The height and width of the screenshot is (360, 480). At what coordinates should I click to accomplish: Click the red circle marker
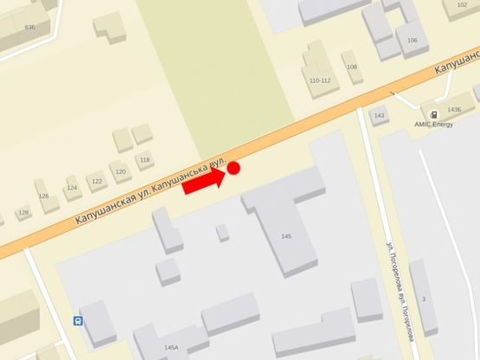click(x=233, y=169)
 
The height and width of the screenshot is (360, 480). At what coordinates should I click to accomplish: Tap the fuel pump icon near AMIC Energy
click(x=432, y=114)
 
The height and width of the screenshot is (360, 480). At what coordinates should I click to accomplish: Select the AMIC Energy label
click(x=433, y=124)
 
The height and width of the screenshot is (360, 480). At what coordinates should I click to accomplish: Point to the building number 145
click(x=286, y=236)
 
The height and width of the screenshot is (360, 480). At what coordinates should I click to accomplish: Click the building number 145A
click(x=171, y=347)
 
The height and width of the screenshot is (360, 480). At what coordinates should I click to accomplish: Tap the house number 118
click(x=144, y=160)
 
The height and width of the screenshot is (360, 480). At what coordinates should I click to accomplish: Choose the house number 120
click(x=120, y=171)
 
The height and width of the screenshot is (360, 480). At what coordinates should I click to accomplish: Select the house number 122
click(x=97, y=181)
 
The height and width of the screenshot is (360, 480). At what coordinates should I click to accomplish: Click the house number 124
click(x=72, y=188)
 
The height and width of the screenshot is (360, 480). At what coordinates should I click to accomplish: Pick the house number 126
click(x=43, y=196)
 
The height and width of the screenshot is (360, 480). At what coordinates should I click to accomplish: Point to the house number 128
click(x=23, y=212)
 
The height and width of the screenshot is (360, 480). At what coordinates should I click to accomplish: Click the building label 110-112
click(x=319, y=80)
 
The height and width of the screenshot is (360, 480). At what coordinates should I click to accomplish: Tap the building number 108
click(x=351, y=67)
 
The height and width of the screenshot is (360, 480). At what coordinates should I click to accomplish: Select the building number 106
click(x=412, y=41)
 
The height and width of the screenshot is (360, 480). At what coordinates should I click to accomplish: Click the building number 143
click(x=379, y=116)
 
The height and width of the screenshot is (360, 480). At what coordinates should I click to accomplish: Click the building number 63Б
click(x=30, y=27)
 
